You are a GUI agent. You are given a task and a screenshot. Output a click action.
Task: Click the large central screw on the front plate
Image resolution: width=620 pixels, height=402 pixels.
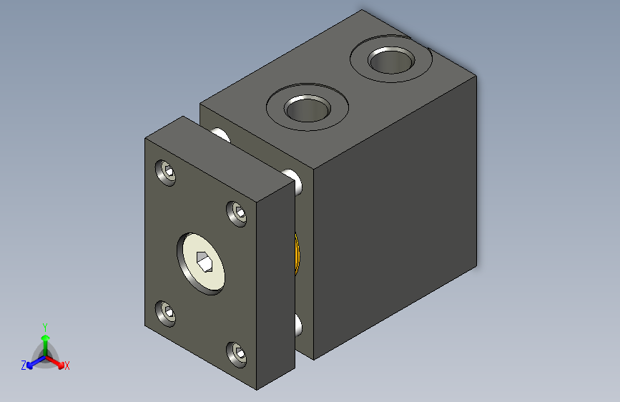(201, 263)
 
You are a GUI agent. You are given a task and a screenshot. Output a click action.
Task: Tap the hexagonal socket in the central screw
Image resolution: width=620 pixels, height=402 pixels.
(205, 262)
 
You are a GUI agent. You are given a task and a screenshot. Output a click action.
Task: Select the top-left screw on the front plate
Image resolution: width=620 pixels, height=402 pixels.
(166, 172)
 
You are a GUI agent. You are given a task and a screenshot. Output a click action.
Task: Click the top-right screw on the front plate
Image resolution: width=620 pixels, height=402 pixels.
(237, 214)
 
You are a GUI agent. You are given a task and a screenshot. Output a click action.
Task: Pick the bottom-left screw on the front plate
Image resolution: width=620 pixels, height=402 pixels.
(166, 313)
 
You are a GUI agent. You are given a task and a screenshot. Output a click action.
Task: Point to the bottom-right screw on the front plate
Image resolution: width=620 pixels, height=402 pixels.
(237, 355)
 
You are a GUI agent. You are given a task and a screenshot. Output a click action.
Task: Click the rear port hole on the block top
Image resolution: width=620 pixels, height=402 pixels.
(391, 60)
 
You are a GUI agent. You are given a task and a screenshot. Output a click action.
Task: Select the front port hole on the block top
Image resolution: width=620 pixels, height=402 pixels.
(307, 108)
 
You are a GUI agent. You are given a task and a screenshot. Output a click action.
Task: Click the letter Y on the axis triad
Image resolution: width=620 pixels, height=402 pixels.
(45, 328)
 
